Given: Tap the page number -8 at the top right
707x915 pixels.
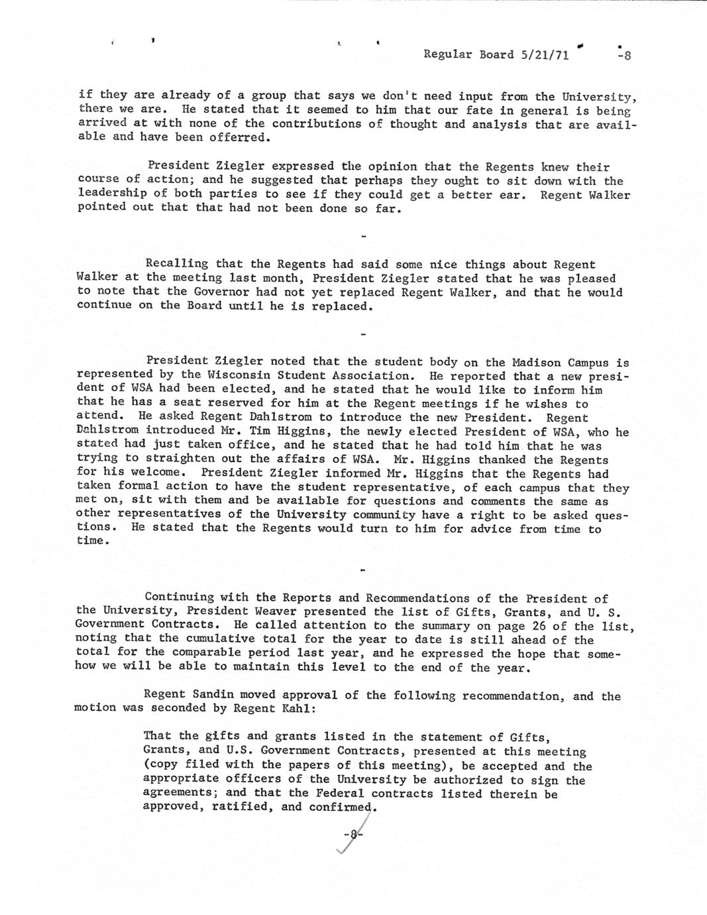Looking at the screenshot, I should (623, 56).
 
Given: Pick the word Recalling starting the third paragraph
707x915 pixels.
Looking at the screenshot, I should (176, 265).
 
